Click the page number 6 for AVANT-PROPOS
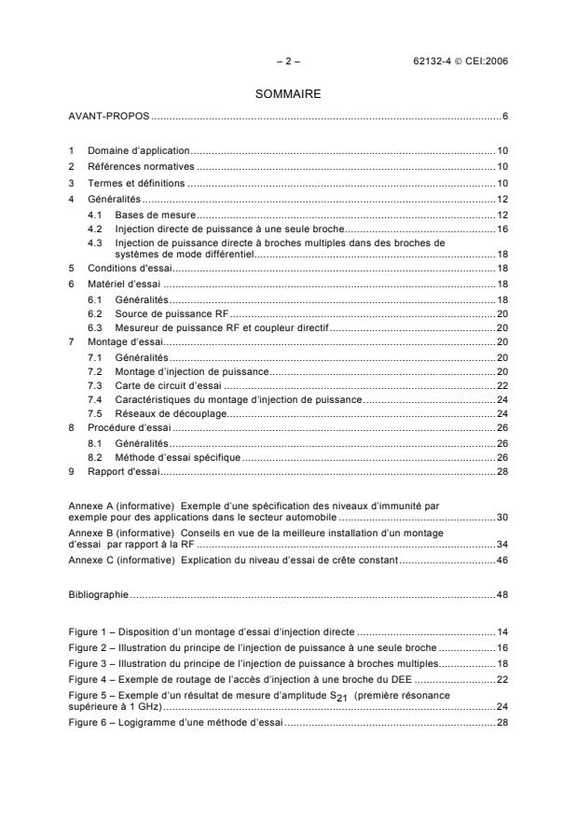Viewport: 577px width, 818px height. pos(503,117)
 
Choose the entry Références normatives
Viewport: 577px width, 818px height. pos(142,166)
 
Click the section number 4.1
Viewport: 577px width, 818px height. pos(94,215)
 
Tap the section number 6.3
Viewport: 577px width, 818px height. pos(94,329)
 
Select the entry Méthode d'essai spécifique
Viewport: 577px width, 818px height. pos(177,458)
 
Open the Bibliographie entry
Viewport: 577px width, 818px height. pos(99,593)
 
